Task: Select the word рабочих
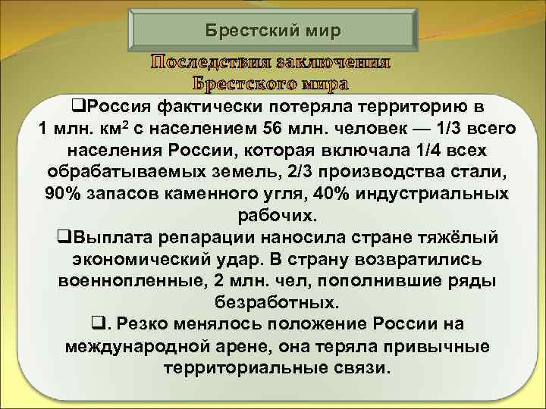click(x=273, y=215)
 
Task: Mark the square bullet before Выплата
click(x=63, y=237)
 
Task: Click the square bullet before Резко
click(x=96, y=325)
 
